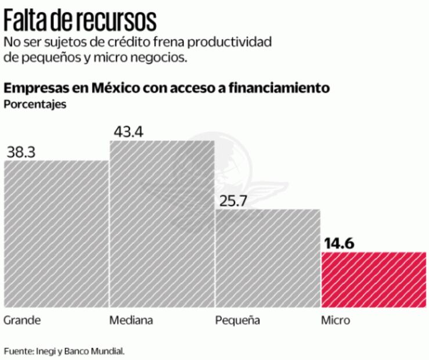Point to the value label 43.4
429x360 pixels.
point(128,131)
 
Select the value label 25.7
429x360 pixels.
point(232,200)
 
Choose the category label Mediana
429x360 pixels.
point(132,321)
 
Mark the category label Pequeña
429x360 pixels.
point(237,321)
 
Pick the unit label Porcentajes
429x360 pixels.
point(35,105)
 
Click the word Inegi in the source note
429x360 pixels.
point(46,351)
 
